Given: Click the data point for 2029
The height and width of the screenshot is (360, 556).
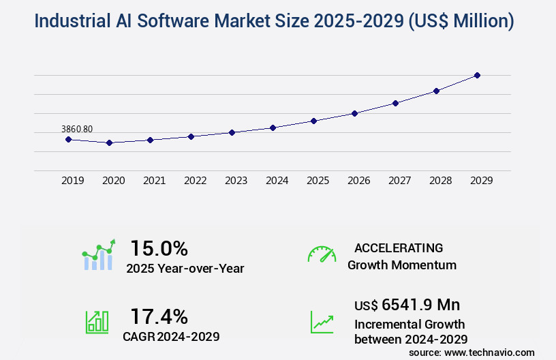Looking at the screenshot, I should click(x=477, y=75).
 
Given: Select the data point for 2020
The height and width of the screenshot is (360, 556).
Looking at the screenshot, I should click(x=109, y=142).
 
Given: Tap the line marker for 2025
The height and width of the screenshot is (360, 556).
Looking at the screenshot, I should click(x=313, y=121).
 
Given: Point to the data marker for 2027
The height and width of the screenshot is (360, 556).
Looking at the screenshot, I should click(x=395, y=103).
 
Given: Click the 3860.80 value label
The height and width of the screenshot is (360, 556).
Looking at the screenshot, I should click(x=77, y=129).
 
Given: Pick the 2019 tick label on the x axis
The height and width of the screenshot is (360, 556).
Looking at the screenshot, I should click(x=73, y=181).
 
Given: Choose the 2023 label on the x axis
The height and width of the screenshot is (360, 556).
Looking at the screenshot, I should click(x=236, y=181).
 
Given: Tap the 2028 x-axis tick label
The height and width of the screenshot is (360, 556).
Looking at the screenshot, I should click(x=441, y=181).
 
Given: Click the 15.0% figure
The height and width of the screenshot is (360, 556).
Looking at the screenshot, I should click(x=159, y=247).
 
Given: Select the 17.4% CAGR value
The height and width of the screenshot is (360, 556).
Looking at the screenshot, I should click(x=159, y=316).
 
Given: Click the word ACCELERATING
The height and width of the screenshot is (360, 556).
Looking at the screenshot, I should click(x=399, y=247).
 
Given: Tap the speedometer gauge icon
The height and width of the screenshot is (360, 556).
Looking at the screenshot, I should click(x=322, y=254).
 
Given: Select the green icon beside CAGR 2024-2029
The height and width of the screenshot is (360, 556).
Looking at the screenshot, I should click(x=97, y=322).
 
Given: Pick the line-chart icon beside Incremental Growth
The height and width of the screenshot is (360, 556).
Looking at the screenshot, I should click(x=322, y=322).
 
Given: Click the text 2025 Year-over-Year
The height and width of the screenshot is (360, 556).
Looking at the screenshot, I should click(x=185, y=269).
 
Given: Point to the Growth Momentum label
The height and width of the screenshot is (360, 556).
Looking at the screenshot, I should click(x=402, y=265).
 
